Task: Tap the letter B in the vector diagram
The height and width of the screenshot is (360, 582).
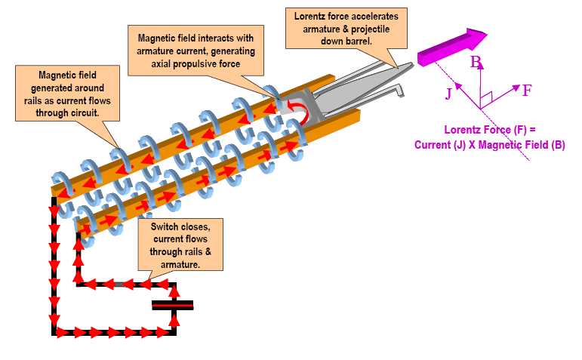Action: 476,63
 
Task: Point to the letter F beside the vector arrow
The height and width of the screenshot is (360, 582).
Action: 527,91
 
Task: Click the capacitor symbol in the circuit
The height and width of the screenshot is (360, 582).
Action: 173,305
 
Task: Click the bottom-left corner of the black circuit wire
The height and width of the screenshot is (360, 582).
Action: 54,331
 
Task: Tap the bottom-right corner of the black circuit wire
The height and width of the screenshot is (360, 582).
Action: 174,331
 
